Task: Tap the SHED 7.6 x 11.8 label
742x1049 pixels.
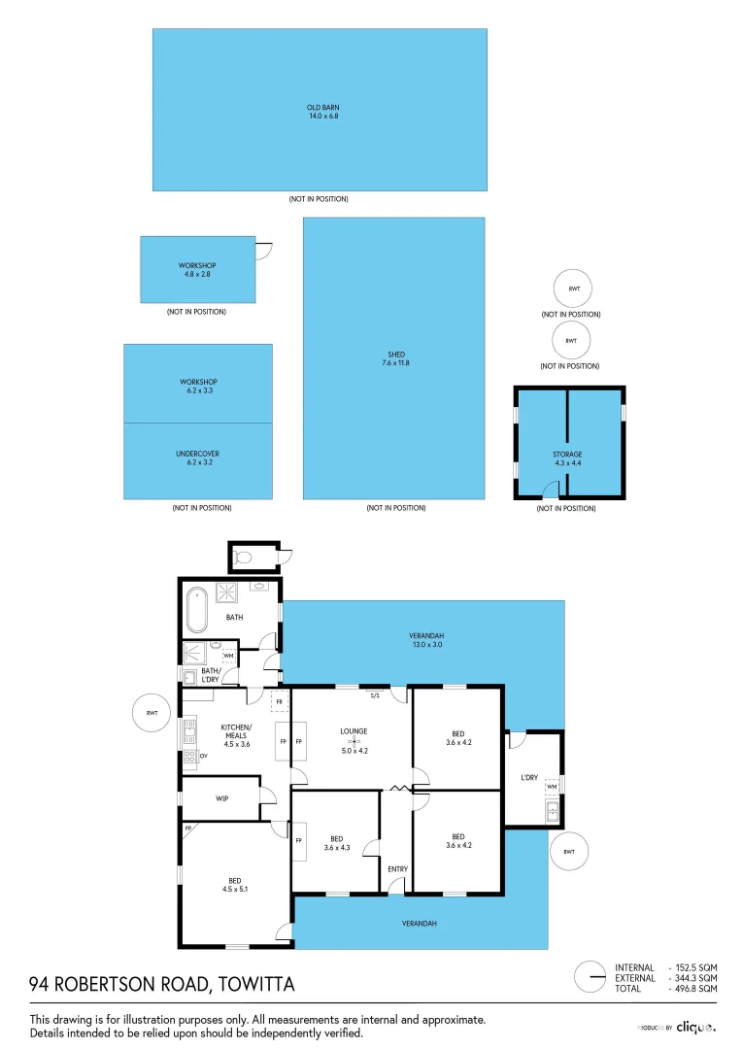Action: pyautogui.click(x=393, y=358)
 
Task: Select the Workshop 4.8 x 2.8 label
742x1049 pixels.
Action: pyautogui.click(x=197, y=270)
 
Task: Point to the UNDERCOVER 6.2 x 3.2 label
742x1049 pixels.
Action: pyautogui.click(x=197, y=457)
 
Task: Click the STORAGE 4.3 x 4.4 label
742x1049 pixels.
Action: pyautogui.click(x=568, y=458)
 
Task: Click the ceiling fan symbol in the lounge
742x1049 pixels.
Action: pyautogui.click(x=354, y=741)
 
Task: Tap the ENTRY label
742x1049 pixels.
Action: pyautogui.click(x=397, y=868)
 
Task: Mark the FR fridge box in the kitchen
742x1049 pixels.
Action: pyautogui.click(x=280, y=701)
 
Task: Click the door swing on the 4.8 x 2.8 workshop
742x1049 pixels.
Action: pyautogui.click(x=264, y=249)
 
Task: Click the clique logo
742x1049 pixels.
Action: pyautogui.click(x=695, y=1027)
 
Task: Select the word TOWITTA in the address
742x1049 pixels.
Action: pyautogui.click(x=257, y=985)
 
